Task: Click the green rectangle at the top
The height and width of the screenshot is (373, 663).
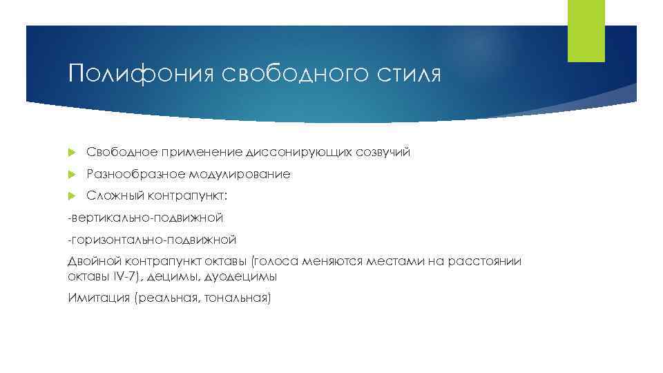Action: pos(586,31)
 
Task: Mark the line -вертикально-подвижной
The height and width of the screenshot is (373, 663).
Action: pos(145,218)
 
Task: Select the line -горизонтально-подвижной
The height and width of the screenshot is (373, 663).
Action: pos(152,240)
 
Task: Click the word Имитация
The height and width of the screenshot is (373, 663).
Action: pos(99,298)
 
